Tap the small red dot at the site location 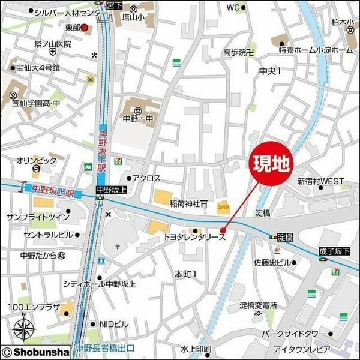coord(223,230)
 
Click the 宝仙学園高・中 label coord(36,103)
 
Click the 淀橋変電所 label coord(258,305)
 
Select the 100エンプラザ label coord(34,307)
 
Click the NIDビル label coord(114,324)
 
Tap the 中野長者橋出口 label coord(106,348)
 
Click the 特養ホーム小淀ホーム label coord(316,50)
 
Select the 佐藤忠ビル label coord(272,263)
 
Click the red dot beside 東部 coord(85,28)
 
